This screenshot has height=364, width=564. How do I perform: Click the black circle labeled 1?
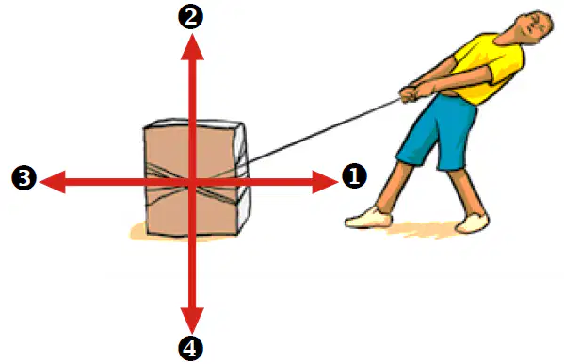354,176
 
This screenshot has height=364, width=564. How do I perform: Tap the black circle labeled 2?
190,17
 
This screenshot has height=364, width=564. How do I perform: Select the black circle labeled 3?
24,177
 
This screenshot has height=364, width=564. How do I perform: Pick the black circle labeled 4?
190,348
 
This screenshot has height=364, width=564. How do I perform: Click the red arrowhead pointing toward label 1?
325,182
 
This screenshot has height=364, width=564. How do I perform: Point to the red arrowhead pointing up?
192,47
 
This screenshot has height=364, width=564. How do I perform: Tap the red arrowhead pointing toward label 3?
53,182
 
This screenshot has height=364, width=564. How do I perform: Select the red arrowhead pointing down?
192,320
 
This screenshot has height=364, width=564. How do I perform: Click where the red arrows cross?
192,182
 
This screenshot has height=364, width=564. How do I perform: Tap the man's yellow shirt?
486,67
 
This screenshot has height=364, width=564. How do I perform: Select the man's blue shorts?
438,133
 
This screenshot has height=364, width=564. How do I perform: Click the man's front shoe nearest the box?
368,218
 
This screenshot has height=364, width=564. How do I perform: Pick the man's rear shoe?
472,223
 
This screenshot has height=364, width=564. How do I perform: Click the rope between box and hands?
324,130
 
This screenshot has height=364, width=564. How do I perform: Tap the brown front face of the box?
190,180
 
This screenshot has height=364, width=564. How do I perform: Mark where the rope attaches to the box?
248,163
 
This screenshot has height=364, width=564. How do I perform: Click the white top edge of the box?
194,123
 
